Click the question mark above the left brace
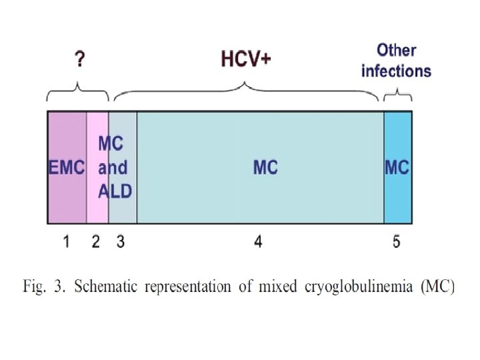(80, 61)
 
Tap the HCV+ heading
(247, 59)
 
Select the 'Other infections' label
(396, 60)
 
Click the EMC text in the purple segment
(67, 167)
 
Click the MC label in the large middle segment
(265, 167)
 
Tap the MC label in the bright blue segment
(397, 167)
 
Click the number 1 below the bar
(66, 242)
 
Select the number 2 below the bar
(96, 242)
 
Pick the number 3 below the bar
(120, 242)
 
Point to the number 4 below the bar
(258, 242)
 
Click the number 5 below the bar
(396, 242)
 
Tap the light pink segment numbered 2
(97, 200)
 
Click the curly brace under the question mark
(79, 90)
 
